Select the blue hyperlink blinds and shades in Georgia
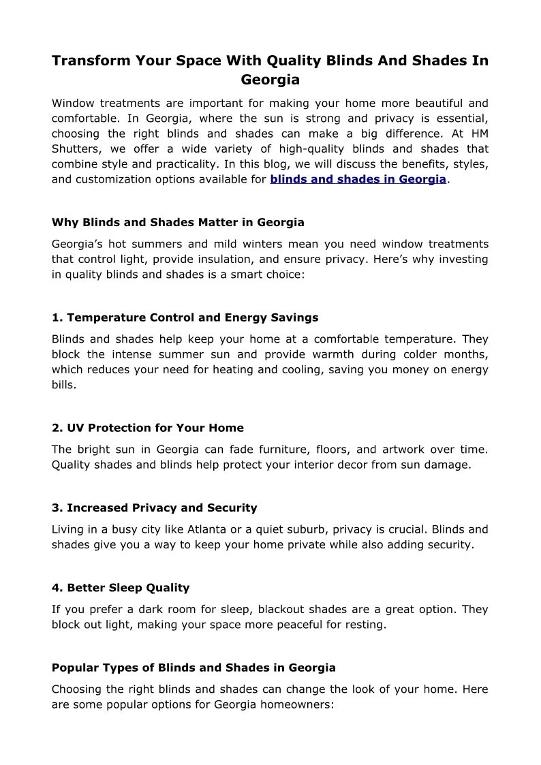click(358, 179)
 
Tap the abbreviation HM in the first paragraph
click(479, 134)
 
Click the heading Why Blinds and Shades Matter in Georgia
click(178, 223)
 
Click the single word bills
click(65, 384)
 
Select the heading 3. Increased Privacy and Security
click(154, 508)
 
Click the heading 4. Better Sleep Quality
click(120, 587)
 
